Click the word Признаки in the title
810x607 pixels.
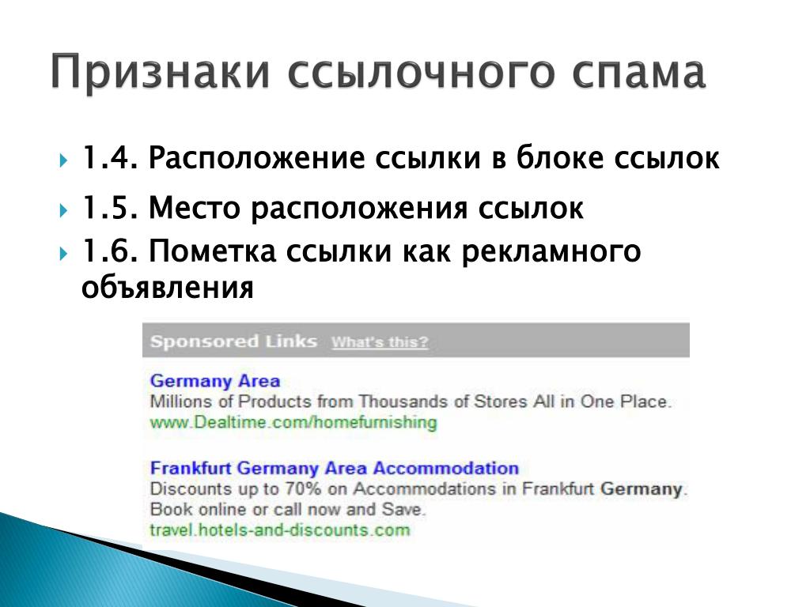tap(161, 72)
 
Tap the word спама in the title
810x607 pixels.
tap(639, 72)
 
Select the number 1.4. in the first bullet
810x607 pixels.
tap(110, 157)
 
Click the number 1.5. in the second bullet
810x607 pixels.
tap(110, 208)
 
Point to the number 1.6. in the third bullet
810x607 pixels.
tap(110, 251)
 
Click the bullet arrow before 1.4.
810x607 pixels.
tap(63, 160)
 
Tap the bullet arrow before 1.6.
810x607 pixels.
tap(63, 254)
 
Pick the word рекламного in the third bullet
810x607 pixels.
tap(551, 252)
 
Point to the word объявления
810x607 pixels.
tap(168, 288)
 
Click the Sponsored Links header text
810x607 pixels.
tap(233, 341)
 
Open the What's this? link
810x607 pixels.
tap(380, 342)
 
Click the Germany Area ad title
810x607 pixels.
tap(215, 381)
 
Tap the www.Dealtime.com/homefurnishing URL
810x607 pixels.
tap(293, 422)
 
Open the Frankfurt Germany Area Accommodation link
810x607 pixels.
tap(335, 468)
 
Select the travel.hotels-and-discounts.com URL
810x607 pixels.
tap(280, 530)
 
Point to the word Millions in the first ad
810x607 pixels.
tap(181, 401)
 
